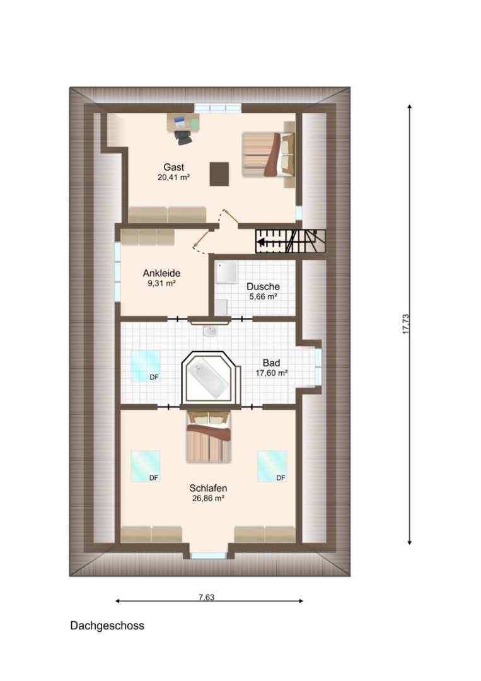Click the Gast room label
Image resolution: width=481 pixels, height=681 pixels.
click(173, 167)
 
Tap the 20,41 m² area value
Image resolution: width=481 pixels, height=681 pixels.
click(173, 177)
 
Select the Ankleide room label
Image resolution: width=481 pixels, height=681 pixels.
click(161, 273)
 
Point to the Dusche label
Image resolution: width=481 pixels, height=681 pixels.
click(263, 287)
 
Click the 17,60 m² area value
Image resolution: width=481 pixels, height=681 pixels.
click(271, 373)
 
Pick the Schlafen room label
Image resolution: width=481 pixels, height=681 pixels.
click(209, 488)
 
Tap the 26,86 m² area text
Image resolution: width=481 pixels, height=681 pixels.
click(209, 499)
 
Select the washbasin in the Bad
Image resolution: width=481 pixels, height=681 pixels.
click(210, 332)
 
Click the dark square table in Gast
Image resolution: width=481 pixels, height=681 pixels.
click(219, 174)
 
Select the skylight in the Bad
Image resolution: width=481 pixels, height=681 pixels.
click(146, 366)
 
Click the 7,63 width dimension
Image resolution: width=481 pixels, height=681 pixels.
click(207, 597)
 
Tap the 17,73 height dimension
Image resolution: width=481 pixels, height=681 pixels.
click(406, 324)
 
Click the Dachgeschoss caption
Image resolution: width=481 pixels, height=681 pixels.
click(107, 626)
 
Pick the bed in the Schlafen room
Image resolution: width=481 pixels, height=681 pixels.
click(209, 437)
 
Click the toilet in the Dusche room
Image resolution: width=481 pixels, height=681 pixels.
click(221, 307)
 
